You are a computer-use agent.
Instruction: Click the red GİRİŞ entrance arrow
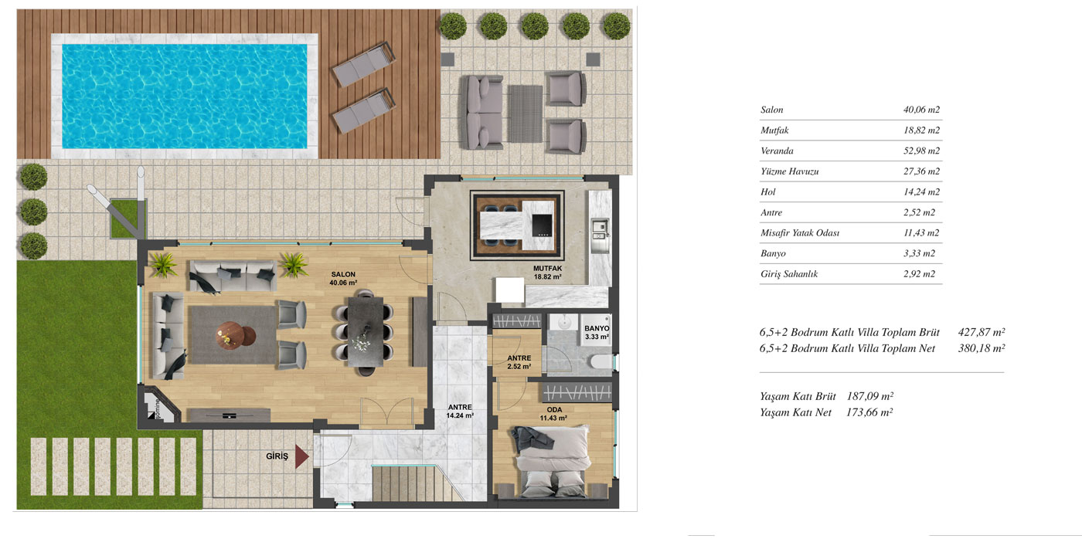(x=301, y=456)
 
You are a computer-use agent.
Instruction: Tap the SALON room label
(x=343, y=274)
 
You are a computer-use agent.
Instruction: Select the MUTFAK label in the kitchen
(x=547, y=268)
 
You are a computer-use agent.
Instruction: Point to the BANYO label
(x=597, y=328)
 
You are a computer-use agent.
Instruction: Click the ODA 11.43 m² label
(x=553, y=414)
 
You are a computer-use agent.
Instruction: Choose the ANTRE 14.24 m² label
(x=459, y=412)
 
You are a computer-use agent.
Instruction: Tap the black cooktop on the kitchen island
(x=542, y=225)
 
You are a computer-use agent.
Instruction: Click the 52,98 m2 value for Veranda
(x=921, y=151)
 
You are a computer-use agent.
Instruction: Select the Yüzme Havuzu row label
(x=789, y=171)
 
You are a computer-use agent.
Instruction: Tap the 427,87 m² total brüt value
(x=981, y=332)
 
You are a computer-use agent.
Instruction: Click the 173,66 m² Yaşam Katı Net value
(x=869, y=412)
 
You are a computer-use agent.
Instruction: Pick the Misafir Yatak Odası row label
(x=799, y=232)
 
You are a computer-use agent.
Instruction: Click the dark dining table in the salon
(x=366, y=332)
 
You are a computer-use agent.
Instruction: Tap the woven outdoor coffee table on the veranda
(x=525, y=114)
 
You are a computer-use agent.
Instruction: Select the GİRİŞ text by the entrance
(x=277, y=456)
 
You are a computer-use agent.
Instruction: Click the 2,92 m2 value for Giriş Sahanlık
(x=919, y=274)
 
